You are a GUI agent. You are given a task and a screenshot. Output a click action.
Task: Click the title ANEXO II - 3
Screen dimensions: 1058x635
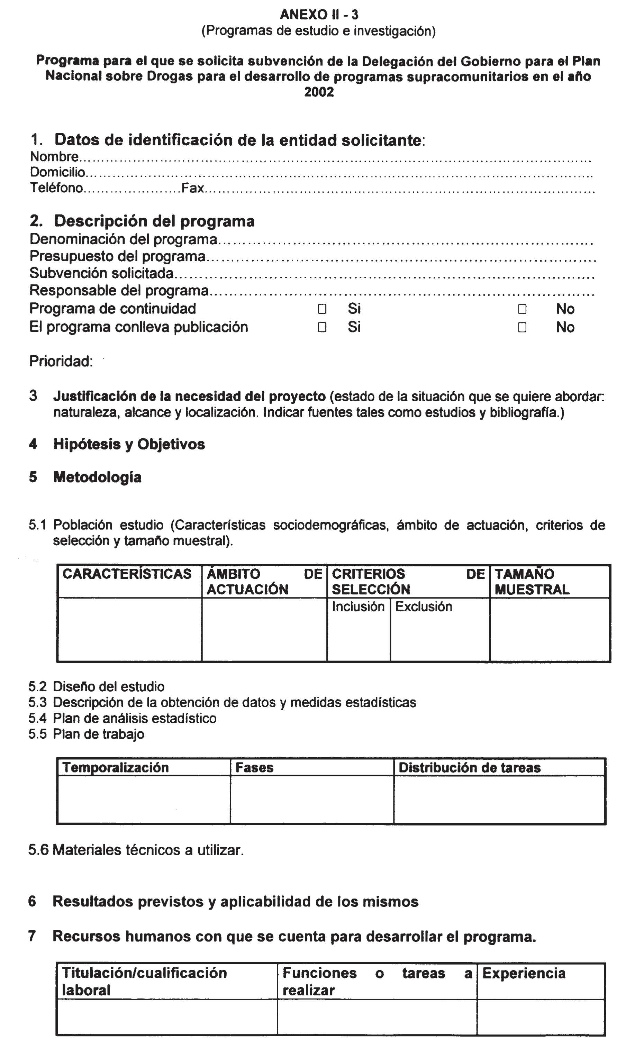tap(319, 15)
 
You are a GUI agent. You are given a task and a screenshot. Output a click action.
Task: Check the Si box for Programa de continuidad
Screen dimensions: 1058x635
tap(322, 309)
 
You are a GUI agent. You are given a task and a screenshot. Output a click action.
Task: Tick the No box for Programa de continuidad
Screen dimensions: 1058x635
tap(522, 309)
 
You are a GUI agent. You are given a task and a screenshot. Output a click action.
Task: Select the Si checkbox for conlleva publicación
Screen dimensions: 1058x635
tap(322, 327)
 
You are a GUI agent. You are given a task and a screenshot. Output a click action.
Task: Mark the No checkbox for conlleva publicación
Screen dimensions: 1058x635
tap(522, 327)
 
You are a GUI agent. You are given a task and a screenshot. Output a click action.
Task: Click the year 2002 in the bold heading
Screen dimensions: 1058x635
tap(319, 92)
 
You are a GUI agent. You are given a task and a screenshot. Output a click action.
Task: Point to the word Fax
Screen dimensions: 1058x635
tap(192, 188)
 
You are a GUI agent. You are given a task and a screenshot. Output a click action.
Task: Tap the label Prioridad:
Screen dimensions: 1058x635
tap(61, 362)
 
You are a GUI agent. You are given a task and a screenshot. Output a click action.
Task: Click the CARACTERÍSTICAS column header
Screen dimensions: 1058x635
tap(127, 574)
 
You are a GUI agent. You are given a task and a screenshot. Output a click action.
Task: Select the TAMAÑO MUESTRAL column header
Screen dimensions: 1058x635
tap(532, 582)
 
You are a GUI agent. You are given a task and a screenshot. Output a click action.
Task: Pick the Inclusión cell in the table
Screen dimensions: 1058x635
tap(358, 606)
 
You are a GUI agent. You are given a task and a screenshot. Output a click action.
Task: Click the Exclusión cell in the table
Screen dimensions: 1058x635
tap(424, 606)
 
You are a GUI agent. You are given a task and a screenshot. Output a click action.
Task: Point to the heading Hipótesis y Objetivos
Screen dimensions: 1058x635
tap(129, 445)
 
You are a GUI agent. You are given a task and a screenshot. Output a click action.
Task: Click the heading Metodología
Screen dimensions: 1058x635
tap(97, 477)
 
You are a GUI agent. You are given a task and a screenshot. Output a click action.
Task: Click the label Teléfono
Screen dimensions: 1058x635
tap(56, 188)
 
